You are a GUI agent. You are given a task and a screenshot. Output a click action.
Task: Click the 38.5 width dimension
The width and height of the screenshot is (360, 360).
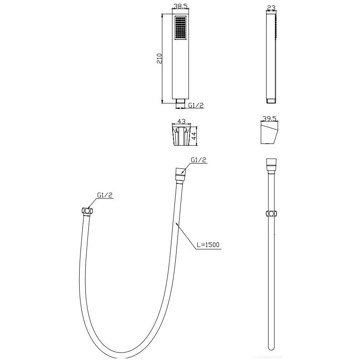[181, 6]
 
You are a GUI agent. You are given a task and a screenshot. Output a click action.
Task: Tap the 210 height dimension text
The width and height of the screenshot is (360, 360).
[159, 58]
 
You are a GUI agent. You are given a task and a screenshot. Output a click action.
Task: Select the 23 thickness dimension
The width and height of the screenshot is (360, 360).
[271, 8]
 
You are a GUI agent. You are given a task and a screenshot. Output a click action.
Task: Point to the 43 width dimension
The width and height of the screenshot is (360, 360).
[181, 121]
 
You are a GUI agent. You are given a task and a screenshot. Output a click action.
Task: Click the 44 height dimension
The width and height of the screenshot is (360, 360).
[194, 136]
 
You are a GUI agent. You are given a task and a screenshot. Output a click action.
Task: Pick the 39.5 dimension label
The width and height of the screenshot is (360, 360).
[270, 119]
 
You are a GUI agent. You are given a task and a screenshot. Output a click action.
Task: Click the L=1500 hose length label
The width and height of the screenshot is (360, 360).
[208, 245]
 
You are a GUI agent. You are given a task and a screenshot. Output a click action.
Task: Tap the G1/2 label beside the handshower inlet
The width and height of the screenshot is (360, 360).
[196, 106]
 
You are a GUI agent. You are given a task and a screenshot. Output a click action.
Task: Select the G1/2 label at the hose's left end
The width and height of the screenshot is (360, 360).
[105, 195]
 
